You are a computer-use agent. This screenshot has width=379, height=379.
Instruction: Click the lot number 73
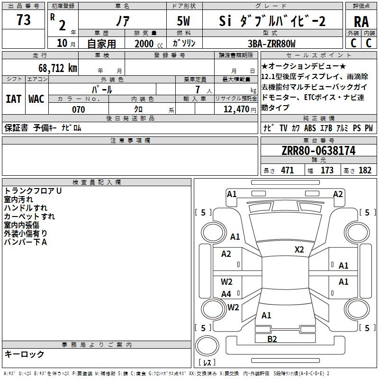tap(24, 20)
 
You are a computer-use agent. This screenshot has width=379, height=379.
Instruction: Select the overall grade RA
tap(361, 21)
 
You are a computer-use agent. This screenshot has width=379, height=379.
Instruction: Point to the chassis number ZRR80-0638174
tap(318, 151)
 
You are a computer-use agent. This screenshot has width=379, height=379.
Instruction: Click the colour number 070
tap(78, 110)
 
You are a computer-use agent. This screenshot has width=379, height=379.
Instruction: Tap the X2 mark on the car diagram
tap(299, 250)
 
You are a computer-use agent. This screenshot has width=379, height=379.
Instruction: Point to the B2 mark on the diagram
tap(272, 339)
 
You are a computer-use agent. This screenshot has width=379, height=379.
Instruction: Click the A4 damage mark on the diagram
tap(226, 294)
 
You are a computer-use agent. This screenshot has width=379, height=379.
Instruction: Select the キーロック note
tap(24, 354)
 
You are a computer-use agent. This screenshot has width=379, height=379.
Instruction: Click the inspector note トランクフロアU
tap(33, 191)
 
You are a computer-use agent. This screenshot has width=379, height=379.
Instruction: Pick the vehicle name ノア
tap(122, 21)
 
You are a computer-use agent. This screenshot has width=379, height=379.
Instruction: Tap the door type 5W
tap(183, 21)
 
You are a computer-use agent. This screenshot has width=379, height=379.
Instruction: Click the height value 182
tap(365, 171)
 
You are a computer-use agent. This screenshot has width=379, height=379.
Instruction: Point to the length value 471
tap(287, 171)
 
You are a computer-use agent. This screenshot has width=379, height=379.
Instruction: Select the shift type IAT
tap(13, 99)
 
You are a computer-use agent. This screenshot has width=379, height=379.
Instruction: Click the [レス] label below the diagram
tap(207, 363)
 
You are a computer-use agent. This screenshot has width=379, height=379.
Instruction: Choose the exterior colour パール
tap(103, 90)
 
